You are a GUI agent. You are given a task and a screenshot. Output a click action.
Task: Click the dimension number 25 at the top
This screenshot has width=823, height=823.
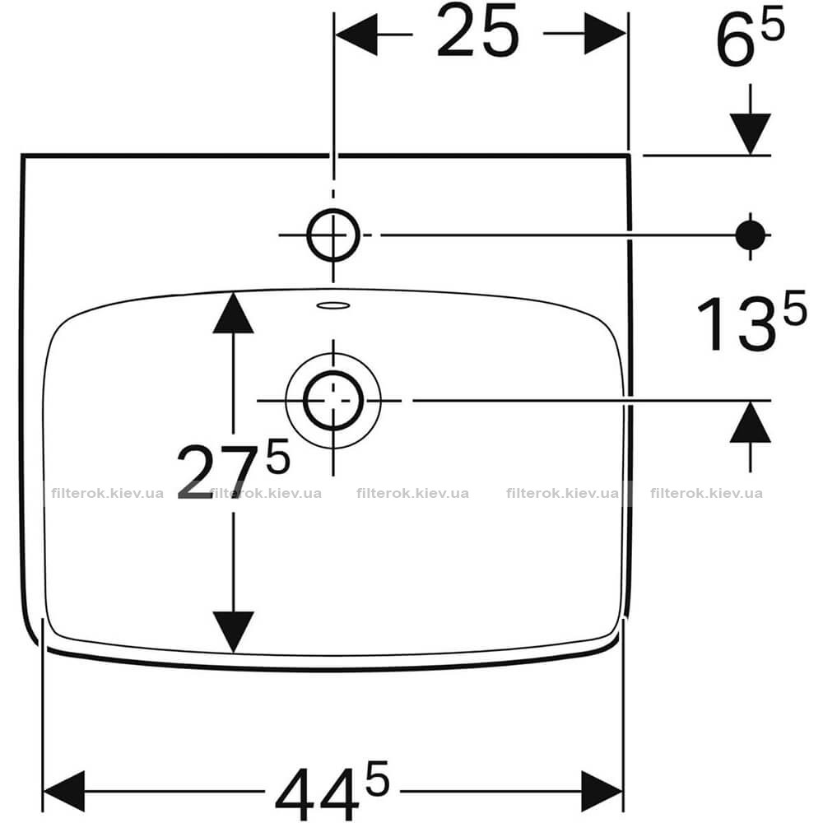point(477,32)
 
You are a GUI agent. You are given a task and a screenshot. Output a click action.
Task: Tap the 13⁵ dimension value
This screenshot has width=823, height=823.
point(751,321)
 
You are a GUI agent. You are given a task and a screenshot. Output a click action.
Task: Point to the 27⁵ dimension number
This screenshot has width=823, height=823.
point(234,469)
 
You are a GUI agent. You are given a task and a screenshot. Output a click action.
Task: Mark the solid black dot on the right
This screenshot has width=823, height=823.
point(750,235)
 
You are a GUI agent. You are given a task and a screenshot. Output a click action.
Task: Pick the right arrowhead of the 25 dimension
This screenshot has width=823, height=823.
point(605,34)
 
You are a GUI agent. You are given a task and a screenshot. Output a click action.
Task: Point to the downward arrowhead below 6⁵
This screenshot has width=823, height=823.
point(750,134)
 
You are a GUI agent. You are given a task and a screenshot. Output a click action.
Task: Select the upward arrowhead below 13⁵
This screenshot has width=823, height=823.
point(750,422)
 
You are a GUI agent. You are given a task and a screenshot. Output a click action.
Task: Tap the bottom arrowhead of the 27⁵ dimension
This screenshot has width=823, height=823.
point(234,632)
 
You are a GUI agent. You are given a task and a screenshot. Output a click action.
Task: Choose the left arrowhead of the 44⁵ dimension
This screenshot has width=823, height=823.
point(63,791)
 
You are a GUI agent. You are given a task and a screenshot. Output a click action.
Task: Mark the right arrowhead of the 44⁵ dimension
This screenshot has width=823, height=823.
point(602,791)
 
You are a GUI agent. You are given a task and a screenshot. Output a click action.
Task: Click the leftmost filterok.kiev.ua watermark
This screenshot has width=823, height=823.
point(108,493)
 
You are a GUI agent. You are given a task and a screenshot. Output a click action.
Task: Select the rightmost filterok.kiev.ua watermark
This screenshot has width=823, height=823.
point(706,493)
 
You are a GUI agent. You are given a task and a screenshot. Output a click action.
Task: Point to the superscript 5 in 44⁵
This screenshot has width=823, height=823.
point(378,778)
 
